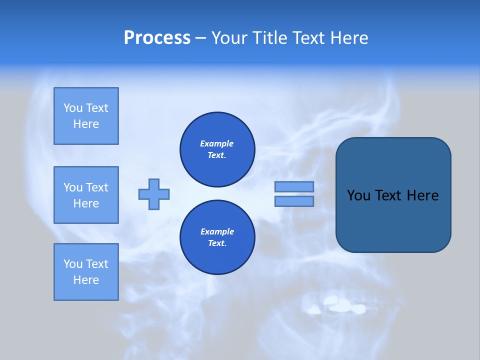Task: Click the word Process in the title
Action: pyautogui.click(x=157, y=38)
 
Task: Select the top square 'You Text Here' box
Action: pyautogui.click(x=86, y=116)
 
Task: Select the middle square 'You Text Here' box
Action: pyautogui.click(x=86, y=195)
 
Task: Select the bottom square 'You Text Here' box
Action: pyautogui.click(x=86, y=272)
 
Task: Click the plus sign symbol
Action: pyautogui.click(x=154, y=194)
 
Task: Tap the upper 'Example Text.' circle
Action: pyautogui.click(x=217, y=149)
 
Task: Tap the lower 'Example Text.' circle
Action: pyautogui.click(x=217, y=237)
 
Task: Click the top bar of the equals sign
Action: pyautogui.click(x=294, y=186)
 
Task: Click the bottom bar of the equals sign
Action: pyautogui.click(x=294, y=201)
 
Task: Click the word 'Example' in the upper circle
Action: pyautogui.click(x=217, y=143)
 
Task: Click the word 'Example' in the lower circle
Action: pyautogui.click(x=217, y=231)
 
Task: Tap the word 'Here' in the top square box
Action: pyautogui.click(x=86, y=124)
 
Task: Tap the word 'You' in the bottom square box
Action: pyautogui.click(x=73, y=264)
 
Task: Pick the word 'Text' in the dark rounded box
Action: pyautogui.click(x=388, y=195)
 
